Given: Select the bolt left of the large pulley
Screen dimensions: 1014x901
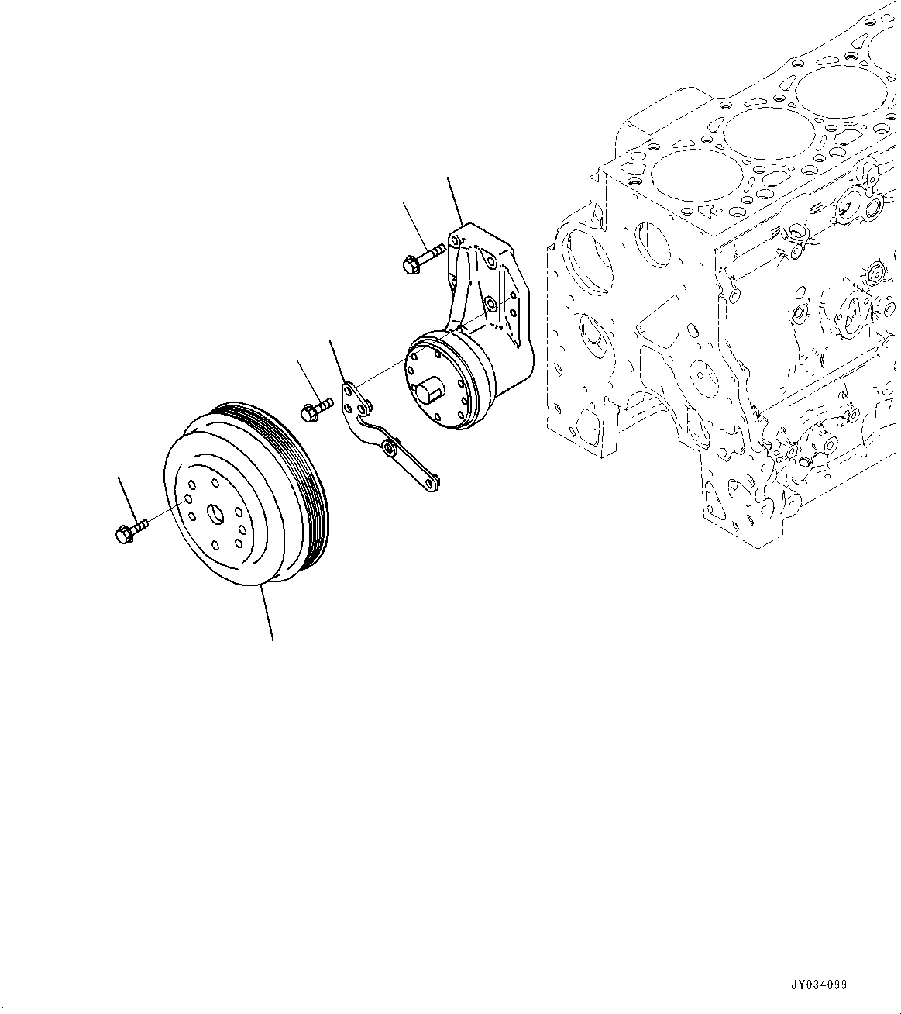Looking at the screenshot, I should (x=129, y=533).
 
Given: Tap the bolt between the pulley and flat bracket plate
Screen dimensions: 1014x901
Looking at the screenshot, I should (x=315, y=411).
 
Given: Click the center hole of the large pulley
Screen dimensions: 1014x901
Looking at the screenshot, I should (x=214, y=513).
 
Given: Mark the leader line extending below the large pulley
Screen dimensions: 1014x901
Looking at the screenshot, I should (x=267, y=613).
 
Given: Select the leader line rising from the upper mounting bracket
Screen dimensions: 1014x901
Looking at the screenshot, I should (x=455, y=201).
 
